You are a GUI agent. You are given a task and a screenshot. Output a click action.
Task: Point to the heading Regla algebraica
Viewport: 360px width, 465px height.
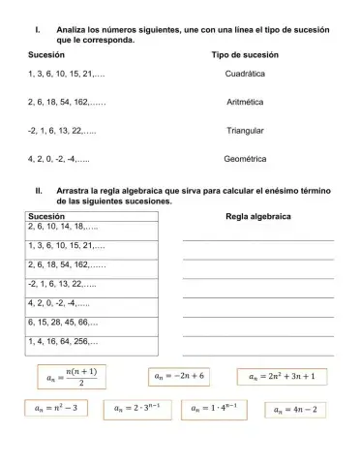click(x=258, y=216)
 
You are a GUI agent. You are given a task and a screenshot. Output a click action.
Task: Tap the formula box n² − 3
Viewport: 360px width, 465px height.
click(x=54, y=409)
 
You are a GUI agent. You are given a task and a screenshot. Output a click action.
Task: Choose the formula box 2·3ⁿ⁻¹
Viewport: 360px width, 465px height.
click(x=136, y=410)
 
